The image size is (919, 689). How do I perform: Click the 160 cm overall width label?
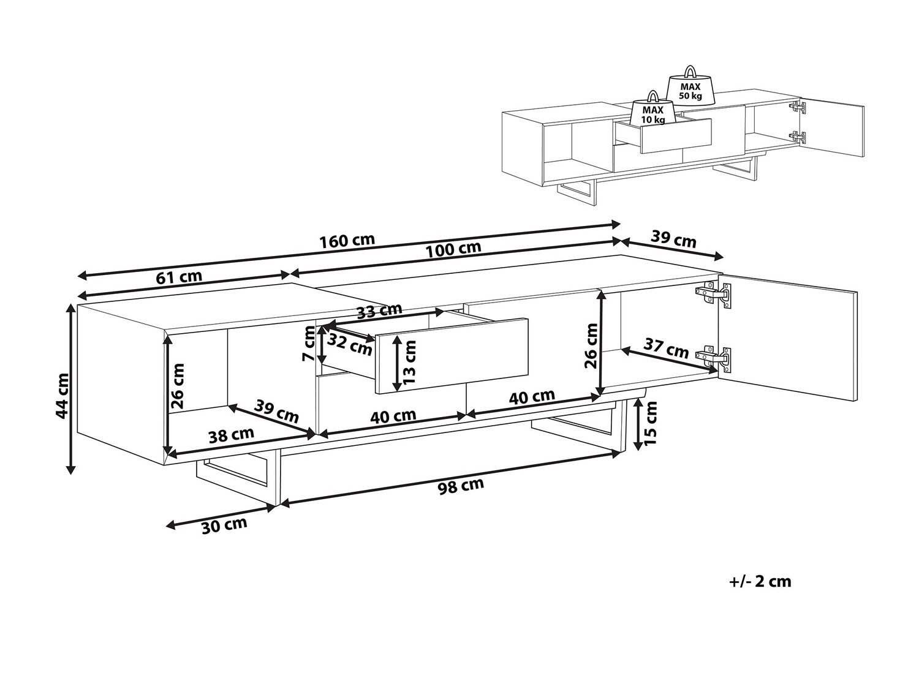pos(347,241)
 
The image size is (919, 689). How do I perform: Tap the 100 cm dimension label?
pos(453,249)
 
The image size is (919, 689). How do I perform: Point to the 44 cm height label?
pos(62,396)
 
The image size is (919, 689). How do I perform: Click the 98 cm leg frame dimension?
pos(461,486)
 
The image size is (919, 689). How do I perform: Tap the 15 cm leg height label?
pos(650,423)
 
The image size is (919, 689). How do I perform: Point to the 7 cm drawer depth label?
pos(309,344)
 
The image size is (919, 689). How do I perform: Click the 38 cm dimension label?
pos(231,435)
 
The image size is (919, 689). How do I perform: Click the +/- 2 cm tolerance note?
pos(760,581)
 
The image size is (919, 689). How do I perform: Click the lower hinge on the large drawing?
pos(713,358)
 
